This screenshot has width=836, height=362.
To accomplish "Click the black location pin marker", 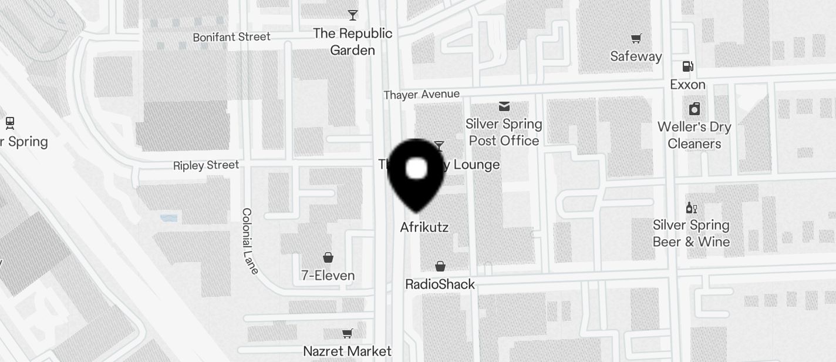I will [417, 173].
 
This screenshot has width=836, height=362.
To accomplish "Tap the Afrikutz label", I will [424, 227].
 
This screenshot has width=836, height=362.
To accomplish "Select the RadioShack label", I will [440, 284].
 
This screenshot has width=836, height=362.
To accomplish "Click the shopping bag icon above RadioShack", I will [440, 267].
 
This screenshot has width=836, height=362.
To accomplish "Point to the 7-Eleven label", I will [328, 275].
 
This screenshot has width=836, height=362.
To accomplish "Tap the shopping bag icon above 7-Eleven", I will [328, 257].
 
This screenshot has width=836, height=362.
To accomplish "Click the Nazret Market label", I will [347, 351].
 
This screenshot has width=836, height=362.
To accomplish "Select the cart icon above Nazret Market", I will [348, 334].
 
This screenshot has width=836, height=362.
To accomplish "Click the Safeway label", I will [636, 56].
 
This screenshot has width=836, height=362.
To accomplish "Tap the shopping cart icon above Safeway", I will [636, 39].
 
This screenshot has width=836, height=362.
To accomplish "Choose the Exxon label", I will [687, 85].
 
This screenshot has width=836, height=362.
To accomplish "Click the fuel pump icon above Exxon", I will [688, 66].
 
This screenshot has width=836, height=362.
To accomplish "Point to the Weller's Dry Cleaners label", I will [694, 135].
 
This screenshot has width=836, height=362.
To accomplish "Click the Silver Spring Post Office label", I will [504, 132].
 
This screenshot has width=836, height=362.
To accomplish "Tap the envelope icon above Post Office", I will [504, 106].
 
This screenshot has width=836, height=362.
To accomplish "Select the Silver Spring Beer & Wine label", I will [691, 233].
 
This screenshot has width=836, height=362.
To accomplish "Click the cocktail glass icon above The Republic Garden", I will [352, 15].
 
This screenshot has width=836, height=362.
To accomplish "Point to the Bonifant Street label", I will [232, 37].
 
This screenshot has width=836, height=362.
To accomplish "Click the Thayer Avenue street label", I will [422, 95].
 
